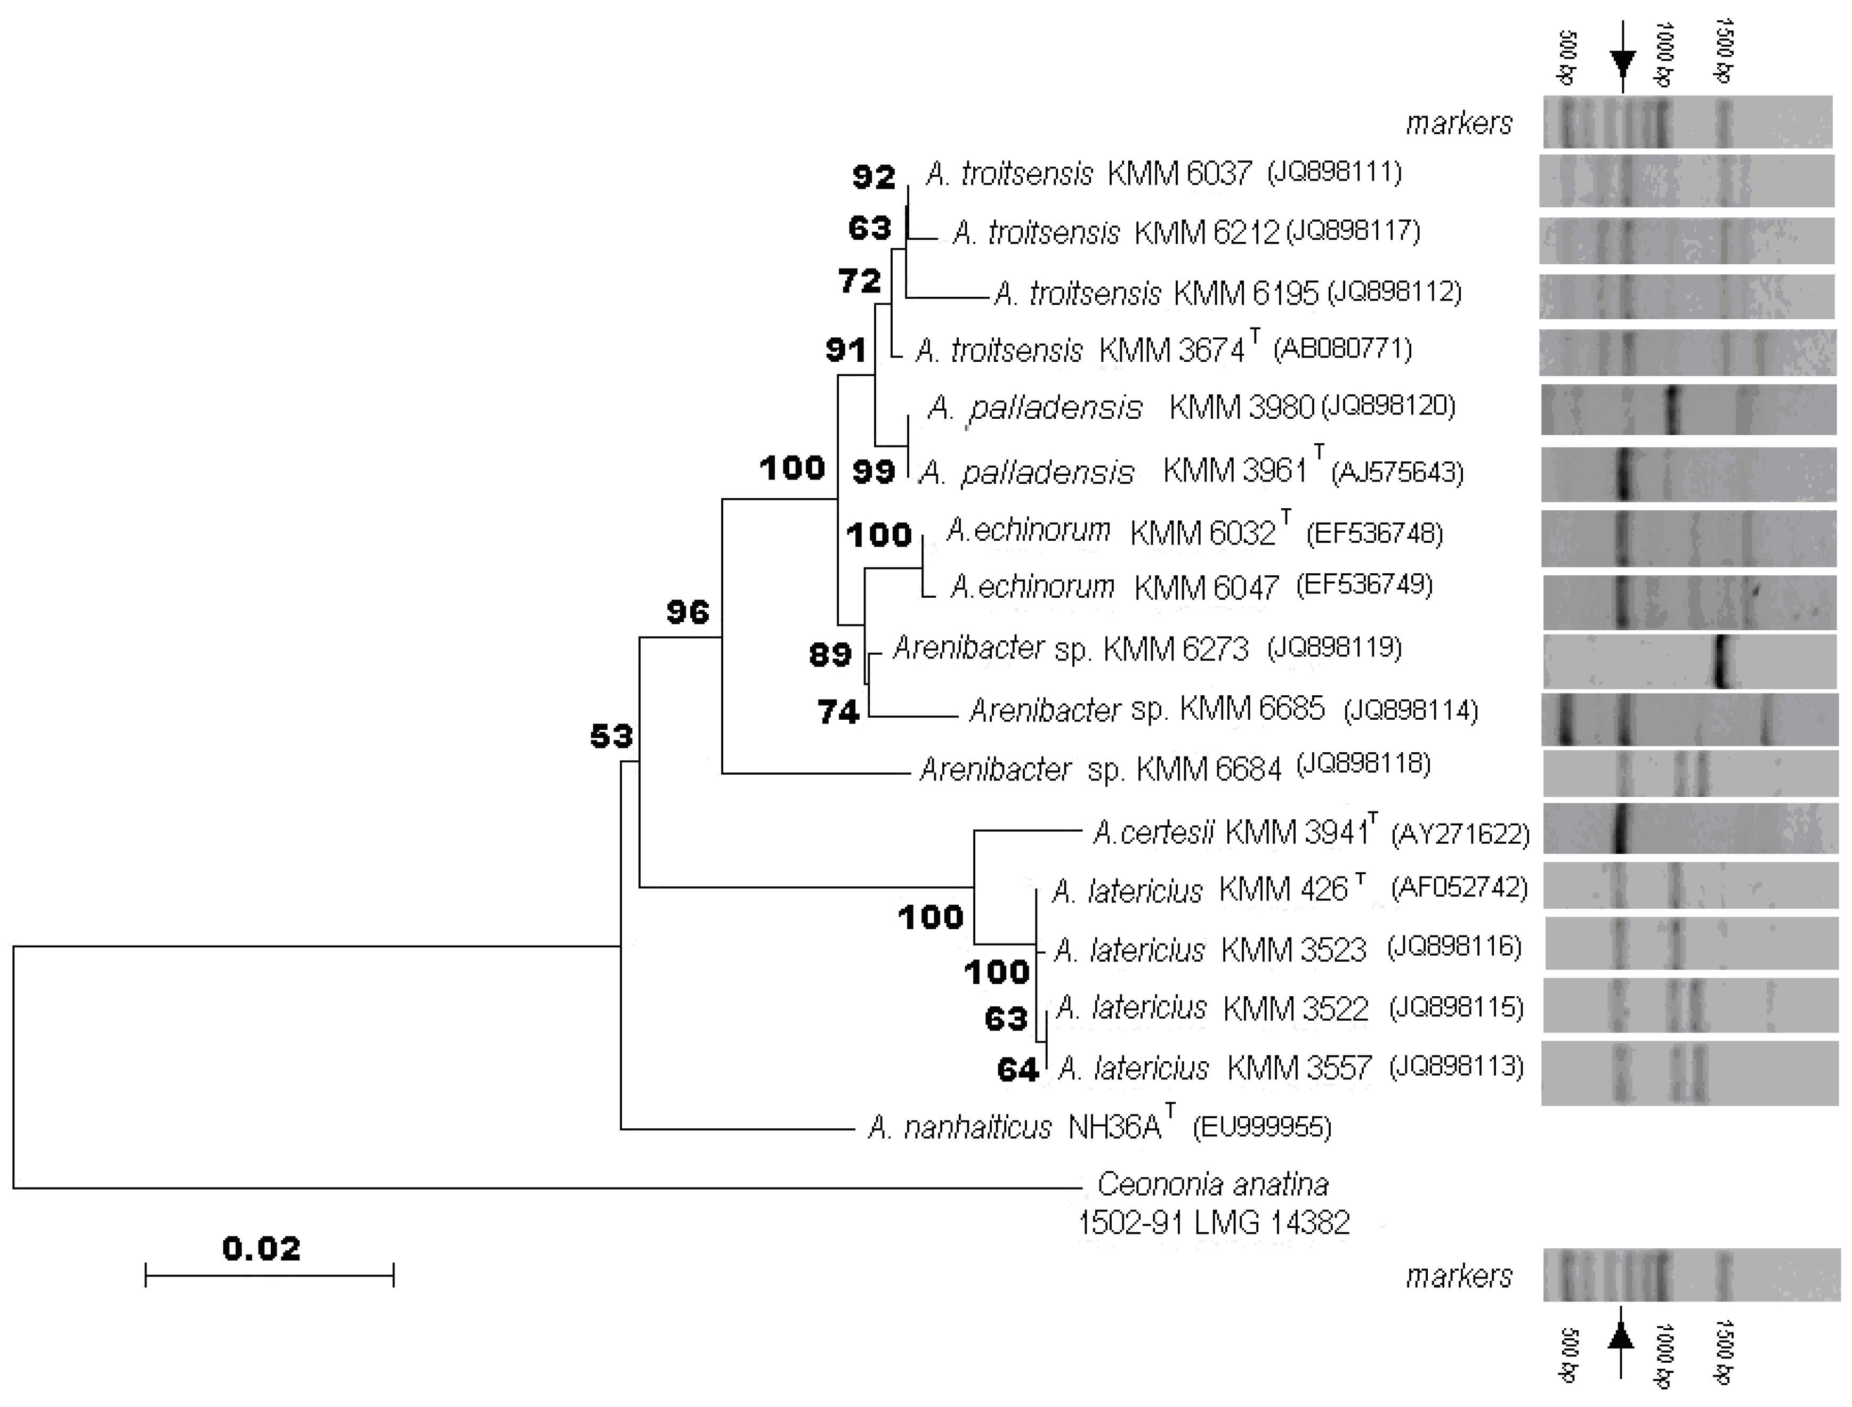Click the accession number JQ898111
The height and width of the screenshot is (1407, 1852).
tap(1335, 173)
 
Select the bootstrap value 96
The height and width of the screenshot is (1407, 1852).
tap(688, 613)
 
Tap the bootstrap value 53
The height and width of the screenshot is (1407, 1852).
tap(611, 737)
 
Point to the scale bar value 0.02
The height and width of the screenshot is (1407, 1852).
tap(261, 1249)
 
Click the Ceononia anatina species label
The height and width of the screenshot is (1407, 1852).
tap(1213, 1185)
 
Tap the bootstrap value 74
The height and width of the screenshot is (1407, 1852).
tap(838, 712)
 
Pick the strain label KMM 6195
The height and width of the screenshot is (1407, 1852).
tap(1246, 293)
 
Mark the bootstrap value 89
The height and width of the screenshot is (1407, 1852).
tap(830, 654)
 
